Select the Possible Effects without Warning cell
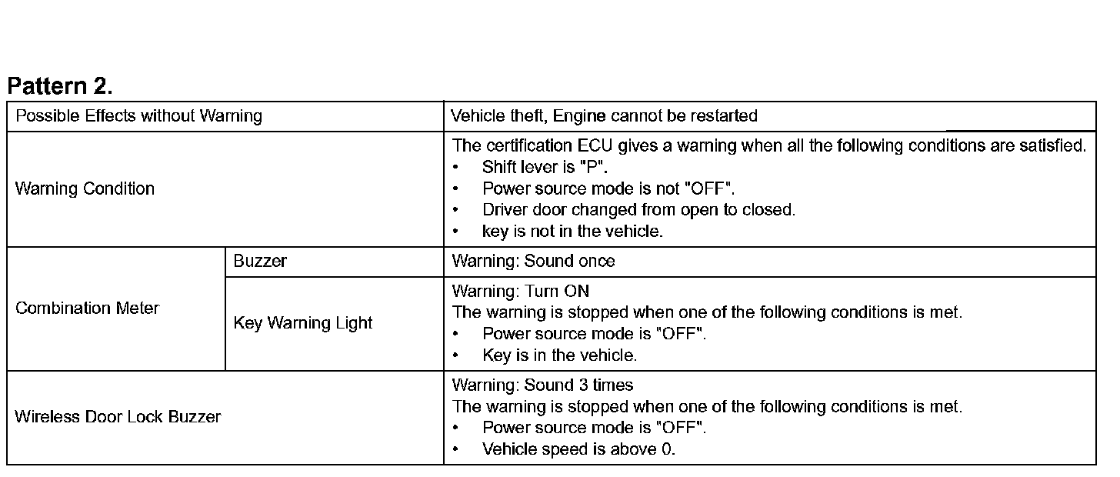(138, 116)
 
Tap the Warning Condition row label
(85, 189)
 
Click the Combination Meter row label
(87, 309)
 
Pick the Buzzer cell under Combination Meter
(260, 262)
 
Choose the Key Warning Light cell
(302, 324)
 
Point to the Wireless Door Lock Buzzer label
(118, 417)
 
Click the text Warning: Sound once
(533, 262)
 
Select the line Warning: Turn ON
(520, 292)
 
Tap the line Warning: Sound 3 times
(542, 385)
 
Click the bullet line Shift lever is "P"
(545, 168)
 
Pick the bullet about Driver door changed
(638, 210)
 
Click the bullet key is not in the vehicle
(572, 232)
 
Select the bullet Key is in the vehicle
(559, 355)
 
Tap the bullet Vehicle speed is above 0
(578, 449)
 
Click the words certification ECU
(548, 146)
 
